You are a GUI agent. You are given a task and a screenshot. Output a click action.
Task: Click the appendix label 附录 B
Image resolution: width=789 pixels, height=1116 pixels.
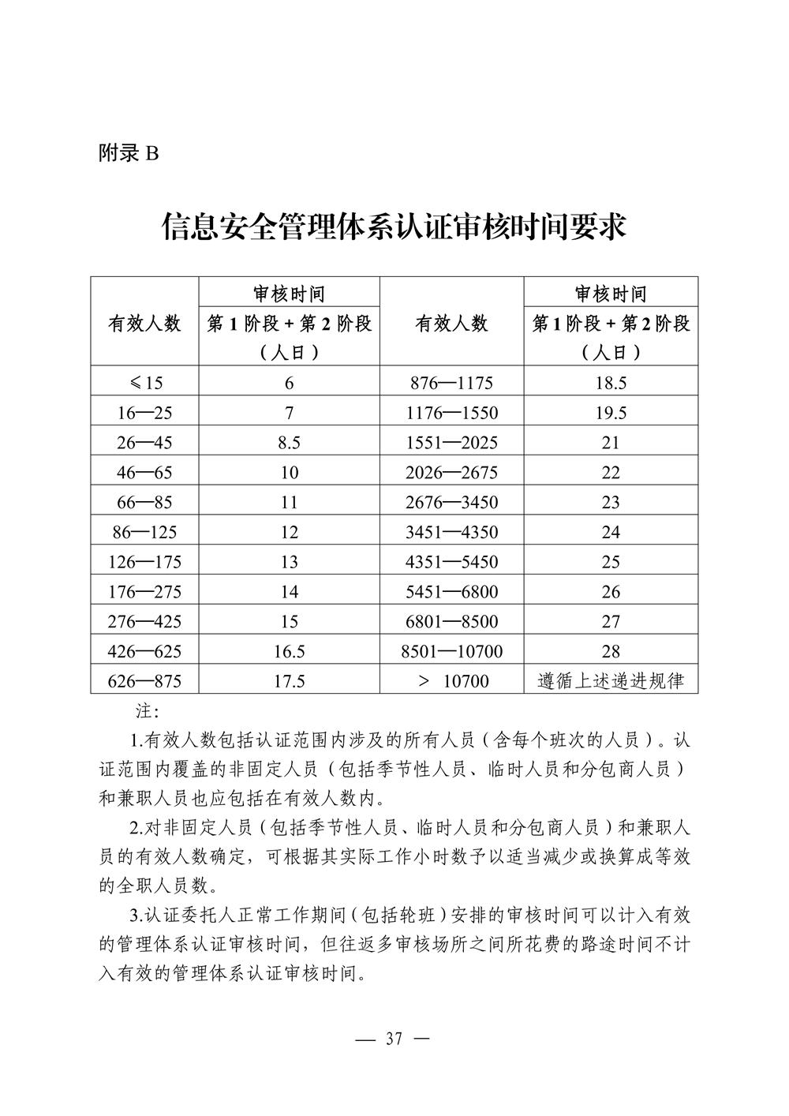coord(129,153)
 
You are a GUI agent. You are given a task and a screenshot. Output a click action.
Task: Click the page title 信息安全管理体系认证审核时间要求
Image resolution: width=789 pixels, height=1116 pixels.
coord(394,227)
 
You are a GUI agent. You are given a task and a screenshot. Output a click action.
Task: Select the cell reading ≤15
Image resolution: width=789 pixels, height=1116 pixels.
coord(145,383)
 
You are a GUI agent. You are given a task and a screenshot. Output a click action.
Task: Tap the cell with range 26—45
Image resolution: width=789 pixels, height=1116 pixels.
coord(144,443)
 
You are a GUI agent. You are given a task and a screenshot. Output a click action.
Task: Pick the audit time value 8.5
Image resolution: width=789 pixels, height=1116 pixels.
coord(289,443)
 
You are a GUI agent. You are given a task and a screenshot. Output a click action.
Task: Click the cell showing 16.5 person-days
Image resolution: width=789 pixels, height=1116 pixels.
coord(289,651)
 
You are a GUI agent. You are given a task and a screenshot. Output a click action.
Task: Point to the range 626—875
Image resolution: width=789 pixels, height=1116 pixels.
coord(144,680)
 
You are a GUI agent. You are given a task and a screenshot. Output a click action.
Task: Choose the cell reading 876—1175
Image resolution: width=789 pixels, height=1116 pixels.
coord(451,383)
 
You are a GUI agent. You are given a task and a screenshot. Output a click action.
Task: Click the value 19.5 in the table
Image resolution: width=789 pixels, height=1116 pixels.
coord(611,413)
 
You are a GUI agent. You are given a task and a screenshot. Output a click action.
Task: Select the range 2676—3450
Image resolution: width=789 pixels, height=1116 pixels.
coord(451,502)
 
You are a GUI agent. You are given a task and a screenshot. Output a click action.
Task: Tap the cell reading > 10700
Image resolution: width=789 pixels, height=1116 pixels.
coord(453,680)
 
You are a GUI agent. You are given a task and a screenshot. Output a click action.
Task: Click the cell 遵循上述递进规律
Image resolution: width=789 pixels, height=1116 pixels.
coord(611,680)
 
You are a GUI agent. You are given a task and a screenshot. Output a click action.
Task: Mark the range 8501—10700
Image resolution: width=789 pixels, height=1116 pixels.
coord(451,651)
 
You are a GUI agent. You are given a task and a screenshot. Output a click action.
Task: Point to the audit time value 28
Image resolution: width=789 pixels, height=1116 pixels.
coord(611,651)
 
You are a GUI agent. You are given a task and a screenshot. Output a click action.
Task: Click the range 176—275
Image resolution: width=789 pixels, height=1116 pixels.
coord(144,591)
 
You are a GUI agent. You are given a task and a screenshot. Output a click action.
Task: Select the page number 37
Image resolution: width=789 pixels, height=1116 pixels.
coord(394,1039)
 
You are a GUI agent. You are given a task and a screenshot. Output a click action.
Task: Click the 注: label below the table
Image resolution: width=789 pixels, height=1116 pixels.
coord(148,711)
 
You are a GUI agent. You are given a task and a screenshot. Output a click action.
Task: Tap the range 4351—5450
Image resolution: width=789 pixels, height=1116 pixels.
coord(451,562)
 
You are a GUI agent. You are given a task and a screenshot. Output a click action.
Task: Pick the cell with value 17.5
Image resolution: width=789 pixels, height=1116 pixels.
coord(289,680)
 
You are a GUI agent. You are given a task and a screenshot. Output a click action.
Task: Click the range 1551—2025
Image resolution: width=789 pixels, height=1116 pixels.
coord(451,443)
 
